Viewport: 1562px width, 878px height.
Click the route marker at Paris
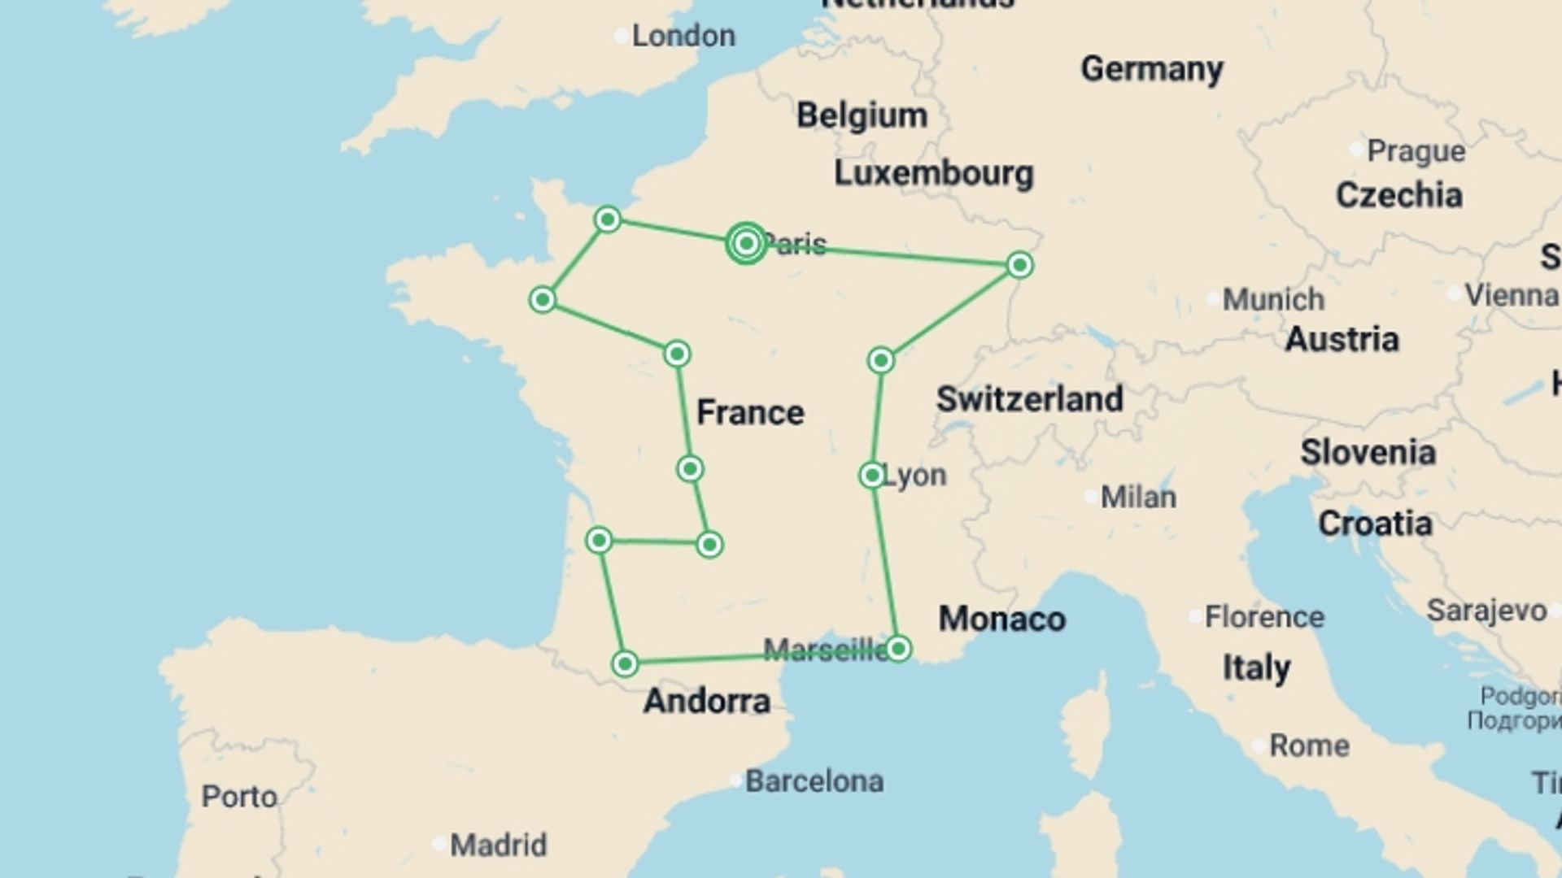[x=746, y=243]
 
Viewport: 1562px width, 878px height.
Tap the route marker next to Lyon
[x=872, y=475]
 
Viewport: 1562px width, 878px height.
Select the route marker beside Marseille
[x=898, y=648]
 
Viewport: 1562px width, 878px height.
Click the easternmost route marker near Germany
[x=1019, y=265]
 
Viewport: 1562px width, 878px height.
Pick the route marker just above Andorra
[x=625, y=664]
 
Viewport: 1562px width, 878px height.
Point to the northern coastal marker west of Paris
[x=608, y=219]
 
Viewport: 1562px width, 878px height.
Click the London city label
[x=683, y=36]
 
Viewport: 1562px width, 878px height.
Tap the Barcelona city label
[x=814, y=781]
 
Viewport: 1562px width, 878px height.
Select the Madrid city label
[x=498, y=845]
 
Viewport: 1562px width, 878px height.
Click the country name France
[x=750, y=413]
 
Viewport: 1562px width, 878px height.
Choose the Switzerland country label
[x=1029, y=399]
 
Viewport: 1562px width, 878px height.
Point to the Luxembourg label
[x=933, y=173]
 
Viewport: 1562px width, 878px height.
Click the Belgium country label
[x=862, y=115]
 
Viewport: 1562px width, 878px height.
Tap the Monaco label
[x=1001, y=619]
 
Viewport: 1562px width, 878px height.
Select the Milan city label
[x=1137, y=497]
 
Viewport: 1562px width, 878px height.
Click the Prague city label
[x=1416, y=151]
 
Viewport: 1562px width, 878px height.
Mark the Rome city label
[x=1308, y=745]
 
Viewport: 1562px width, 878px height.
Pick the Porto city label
[x=239, y=797]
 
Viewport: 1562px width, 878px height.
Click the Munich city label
[x=1272, y=299]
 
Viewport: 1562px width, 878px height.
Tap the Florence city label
[x=1263, y=617]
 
